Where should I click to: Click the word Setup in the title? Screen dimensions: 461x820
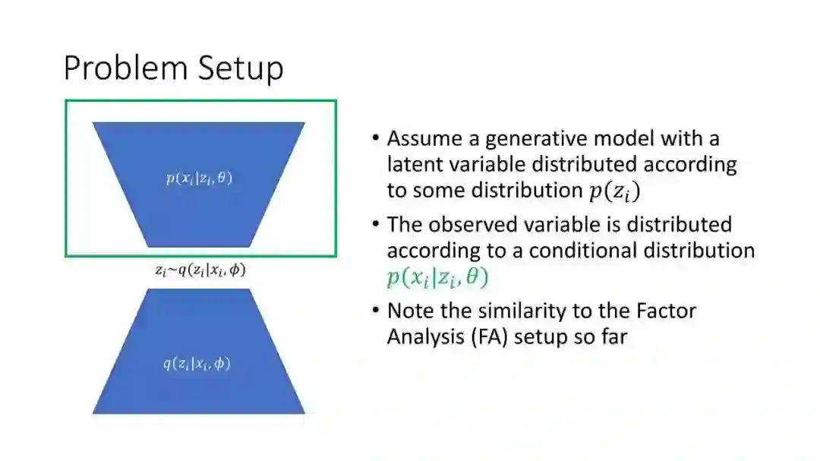click(241, 68)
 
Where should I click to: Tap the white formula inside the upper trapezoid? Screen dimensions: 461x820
click(199, 179)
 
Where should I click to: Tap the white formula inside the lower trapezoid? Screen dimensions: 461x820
click(197, 364)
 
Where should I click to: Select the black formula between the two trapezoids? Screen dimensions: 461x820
click(195, 270)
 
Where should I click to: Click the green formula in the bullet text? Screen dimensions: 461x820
click(437, 278)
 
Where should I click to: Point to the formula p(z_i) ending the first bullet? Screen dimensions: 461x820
click(614, 191)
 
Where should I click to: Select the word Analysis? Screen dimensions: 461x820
click(422, 336)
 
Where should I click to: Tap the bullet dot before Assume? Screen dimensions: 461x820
click(376, 140)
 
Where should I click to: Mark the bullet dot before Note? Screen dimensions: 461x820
click(376, 311)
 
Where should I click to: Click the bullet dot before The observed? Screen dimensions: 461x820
click(376, 226)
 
